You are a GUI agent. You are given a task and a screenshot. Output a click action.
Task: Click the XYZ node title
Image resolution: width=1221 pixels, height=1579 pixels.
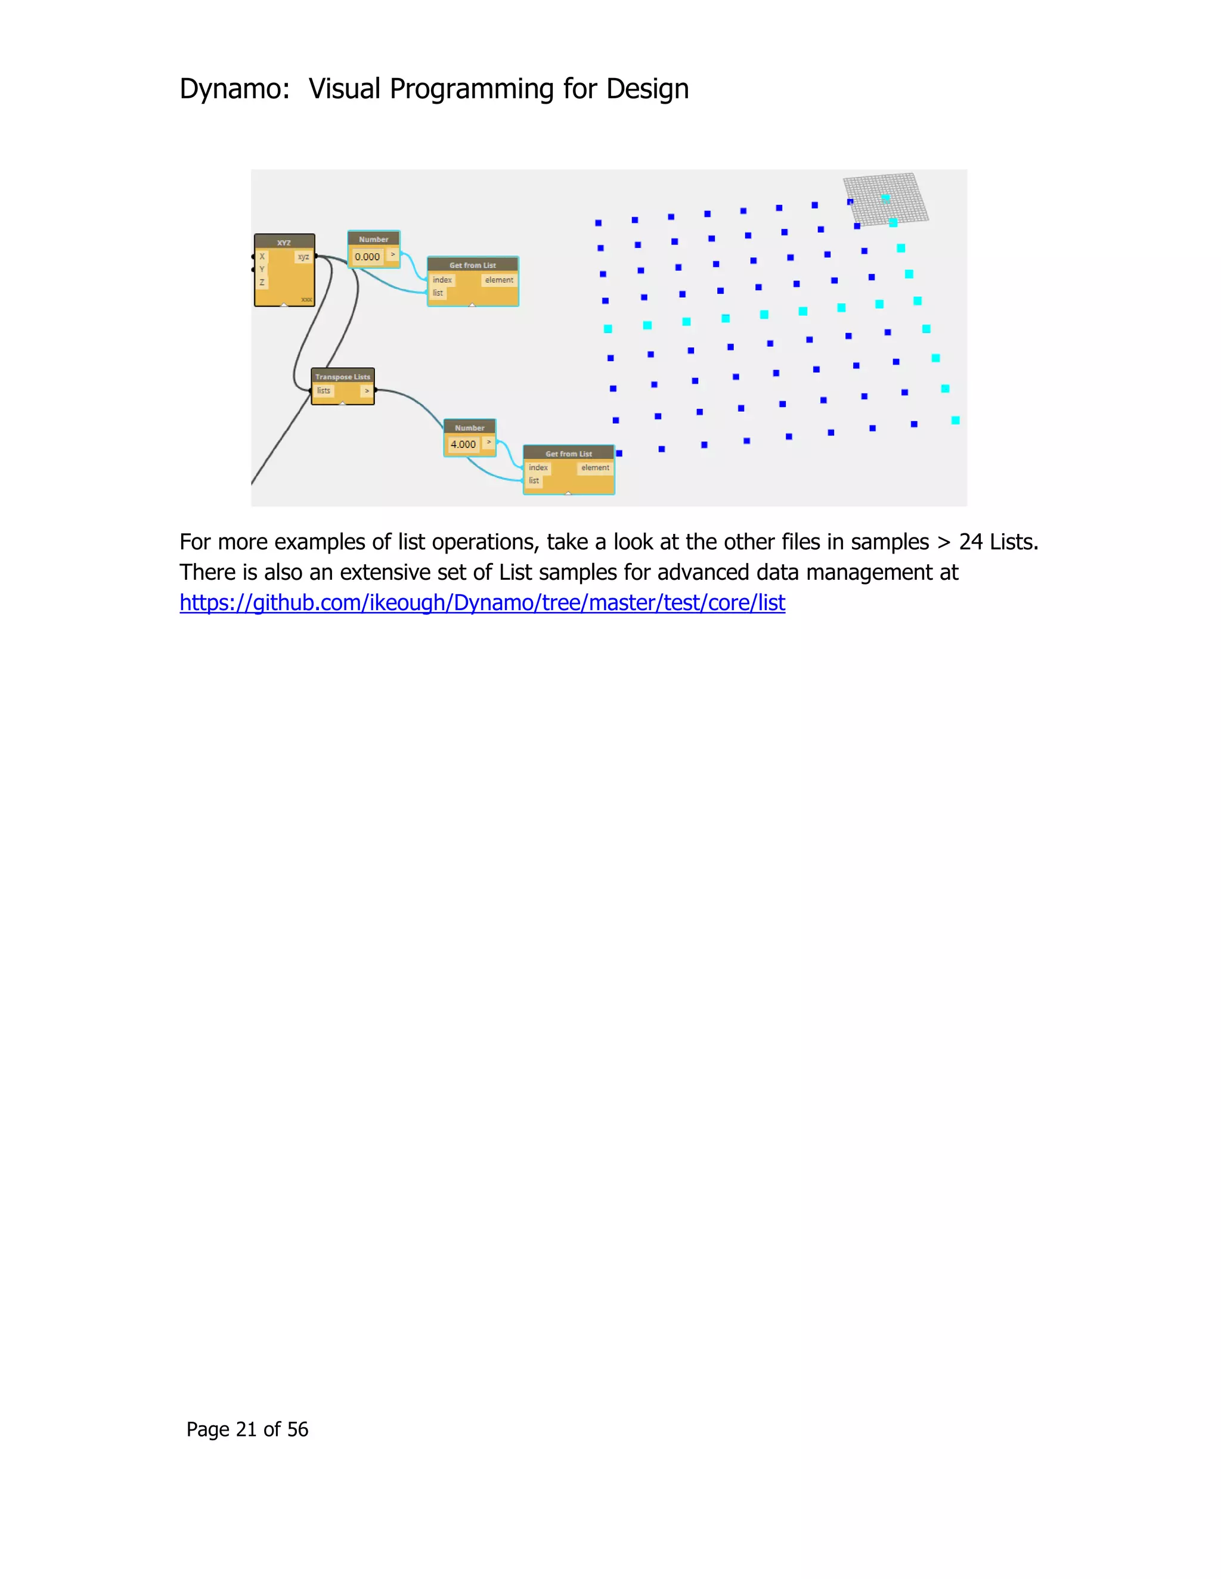[284, 242]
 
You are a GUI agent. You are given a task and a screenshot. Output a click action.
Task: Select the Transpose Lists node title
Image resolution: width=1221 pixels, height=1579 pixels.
[342, 377]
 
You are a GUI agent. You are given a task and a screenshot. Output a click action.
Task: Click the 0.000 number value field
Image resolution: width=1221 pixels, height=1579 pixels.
[367, 257]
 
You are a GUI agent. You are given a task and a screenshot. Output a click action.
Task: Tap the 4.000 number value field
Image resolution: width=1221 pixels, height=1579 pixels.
[463, 445]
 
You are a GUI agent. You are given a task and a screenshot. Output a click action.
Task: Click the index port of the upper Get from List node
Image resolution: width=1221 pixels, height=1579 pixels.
[442, 280]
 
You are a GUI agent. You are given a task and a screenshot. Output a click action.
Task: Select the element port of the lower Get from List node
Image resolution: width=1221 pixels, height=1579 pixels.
[594, 468]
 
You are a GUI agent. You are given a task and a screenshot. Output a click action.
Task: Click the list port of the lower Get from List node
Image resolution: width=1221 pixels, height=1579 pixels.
[534, 481]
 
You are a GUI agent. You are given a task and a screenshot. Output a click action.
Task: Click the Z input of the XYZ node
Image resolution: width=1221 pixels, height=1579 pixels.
[262, 282]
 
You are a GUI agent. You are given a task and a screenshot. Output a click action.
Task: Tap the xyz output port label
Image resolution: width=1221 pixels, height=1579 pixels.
[303, 257]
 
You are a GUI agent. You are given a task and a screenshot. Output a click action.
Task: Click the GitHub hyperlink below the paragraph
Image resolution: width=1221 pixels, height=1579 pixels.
[482, 602]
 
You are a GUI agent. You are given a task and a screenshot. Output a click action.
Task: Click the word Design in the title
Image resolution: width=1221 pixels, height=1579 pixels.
[647, 89]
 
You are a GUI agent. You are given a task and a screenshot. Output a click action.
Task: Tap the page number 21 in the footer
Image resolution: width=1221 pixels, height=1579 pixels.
[246, 1429]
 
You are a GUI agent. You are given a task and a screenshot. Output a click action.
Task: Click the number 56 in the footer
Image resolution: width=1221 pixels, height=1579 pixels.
[297, 1429]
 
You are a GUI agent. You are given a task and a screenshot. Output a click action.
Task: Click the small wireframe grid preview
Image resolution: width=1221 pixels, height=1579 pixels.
[886, 200]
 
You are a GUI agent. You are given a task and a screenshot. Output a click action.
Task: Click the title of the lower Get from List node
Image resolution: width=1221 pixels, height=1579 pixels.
[569, 453]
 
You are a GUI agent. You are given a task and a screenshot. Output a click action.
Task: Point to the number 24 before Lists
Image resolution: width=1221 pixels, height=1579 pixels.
[970, 542]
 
